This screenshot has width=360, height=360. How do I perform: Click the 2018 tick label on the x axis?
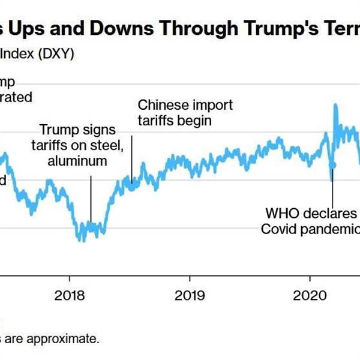70,295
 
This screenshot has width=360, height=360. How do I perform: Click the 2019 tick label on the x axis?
190,295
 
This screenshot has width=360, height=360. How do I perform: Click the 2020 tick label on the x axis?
310,295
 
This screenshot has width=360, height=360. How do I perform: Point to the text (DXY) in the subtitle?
55,54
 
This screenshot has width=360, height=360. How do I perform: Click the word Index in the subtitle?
16,54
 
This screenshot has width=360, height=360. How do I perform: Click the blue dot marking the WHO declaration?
333,164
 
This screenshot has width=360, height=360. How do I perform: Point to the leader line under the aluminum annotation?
91,198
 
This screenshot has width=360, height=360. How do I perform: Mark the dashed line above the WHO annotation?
332,189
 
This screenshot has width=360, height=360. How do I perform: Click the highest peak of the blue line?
335,105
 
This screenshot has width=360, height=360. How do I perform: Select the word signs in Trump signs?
97,130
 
